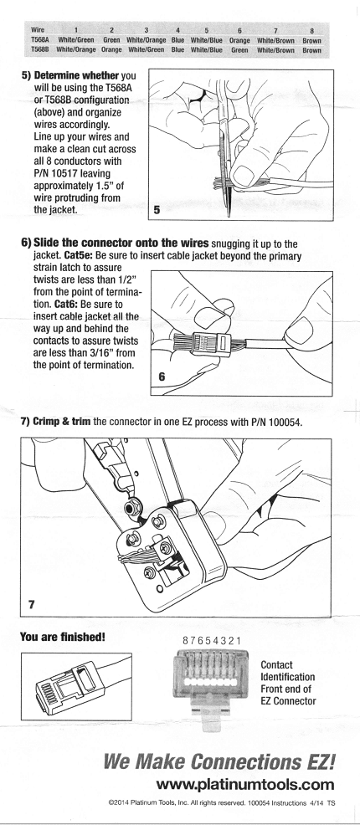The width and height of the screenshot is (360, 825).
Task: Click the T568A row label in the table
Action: pos(39,40)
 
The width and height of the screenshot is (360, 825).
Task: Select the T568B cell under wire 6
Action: pos(239,50)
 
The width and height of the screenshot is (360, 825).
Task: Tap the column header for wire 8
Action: pos(311,31)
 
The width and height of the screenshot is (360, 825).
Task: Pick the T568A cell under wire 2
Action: pos(111,40)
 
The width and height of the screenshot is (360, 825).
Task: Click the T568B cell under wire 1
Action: pos(76,50)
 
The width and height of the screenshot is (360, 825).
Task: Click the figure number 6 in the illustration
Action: pos(161,377)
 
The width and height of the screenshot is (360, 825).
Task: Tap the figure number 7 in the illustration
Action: pos(31,604)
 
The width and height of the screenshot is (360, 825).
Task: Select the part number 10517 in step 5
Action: pos(65,173)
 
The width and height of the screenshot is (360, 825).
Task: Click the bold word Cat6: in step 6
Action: pos(66,305)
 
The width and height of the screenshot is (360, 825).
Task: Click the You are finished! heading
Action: pos(63,638)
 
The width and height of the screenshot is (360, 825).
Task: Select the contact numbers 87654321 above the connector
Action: pos(212,641)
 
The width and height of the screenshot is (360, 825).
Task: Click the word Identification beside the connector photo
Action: pos(288,677)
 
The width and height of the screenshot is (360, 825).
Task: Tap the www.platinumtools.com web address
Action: pos(245,786)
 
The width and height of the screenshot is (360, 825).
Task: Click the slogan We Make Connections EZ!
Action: pos(219,762)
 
